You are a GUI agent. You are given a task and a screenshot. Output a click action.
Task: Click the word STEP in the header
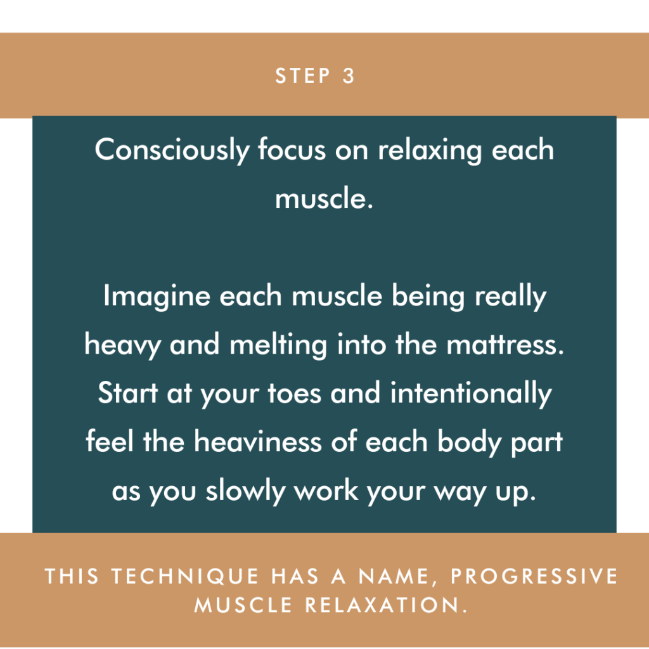tap(303, 76)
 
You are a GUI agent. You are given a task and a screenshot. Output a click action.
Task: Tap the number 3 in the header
tap(349, 76)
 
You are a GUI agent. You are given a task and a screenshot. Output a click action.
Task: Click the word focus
tap(292, 149)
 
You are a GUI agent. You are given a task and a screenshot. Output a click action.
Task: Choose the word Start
tap(128, 393)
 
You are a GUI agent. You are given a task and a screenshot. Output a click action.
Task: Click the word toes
tap(294, 393)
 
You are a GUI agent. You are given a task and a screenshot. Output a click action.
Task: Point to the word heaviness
tap(257, 441)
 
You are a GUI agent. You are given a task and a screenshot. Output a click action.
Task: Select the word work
tap(326, 490)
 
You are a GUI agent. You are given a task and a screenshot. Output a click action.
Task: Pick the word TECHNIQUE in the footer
tap(185, 576)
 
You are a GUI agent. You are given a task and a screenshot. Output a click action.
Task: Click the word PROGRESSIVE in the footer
tap(534, 576)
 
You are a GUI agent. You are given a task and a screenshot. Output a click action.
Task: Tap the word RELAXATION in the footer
tap(386, 605)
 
